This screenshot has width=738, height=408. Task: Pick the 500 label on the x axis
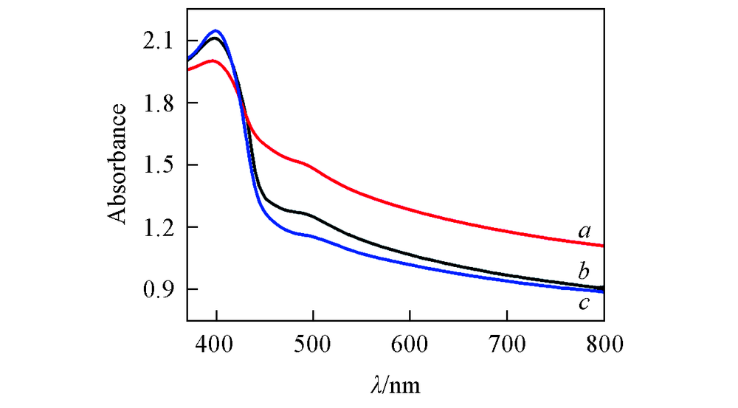[x=313, y=344]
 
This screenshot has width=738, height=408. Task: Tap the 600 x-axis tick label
[x=410, y=344]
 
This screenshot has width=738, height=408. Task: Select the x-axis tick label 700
[x=507, y=344]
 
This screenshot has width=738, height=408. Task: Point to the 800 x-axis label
[x=604, y=344]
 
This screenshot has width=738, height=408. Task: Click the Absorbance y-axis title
[x=117, y=165]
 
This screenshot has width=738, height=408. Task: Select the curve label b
[x=583, y=268]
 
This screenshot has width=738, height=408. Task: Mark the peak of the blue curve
[x=217, y=31]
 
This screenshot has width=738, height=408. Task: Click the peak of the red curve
[x=213, y=60]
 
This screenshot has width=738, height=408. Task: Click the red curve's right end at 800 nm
[x=603, y=246]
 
